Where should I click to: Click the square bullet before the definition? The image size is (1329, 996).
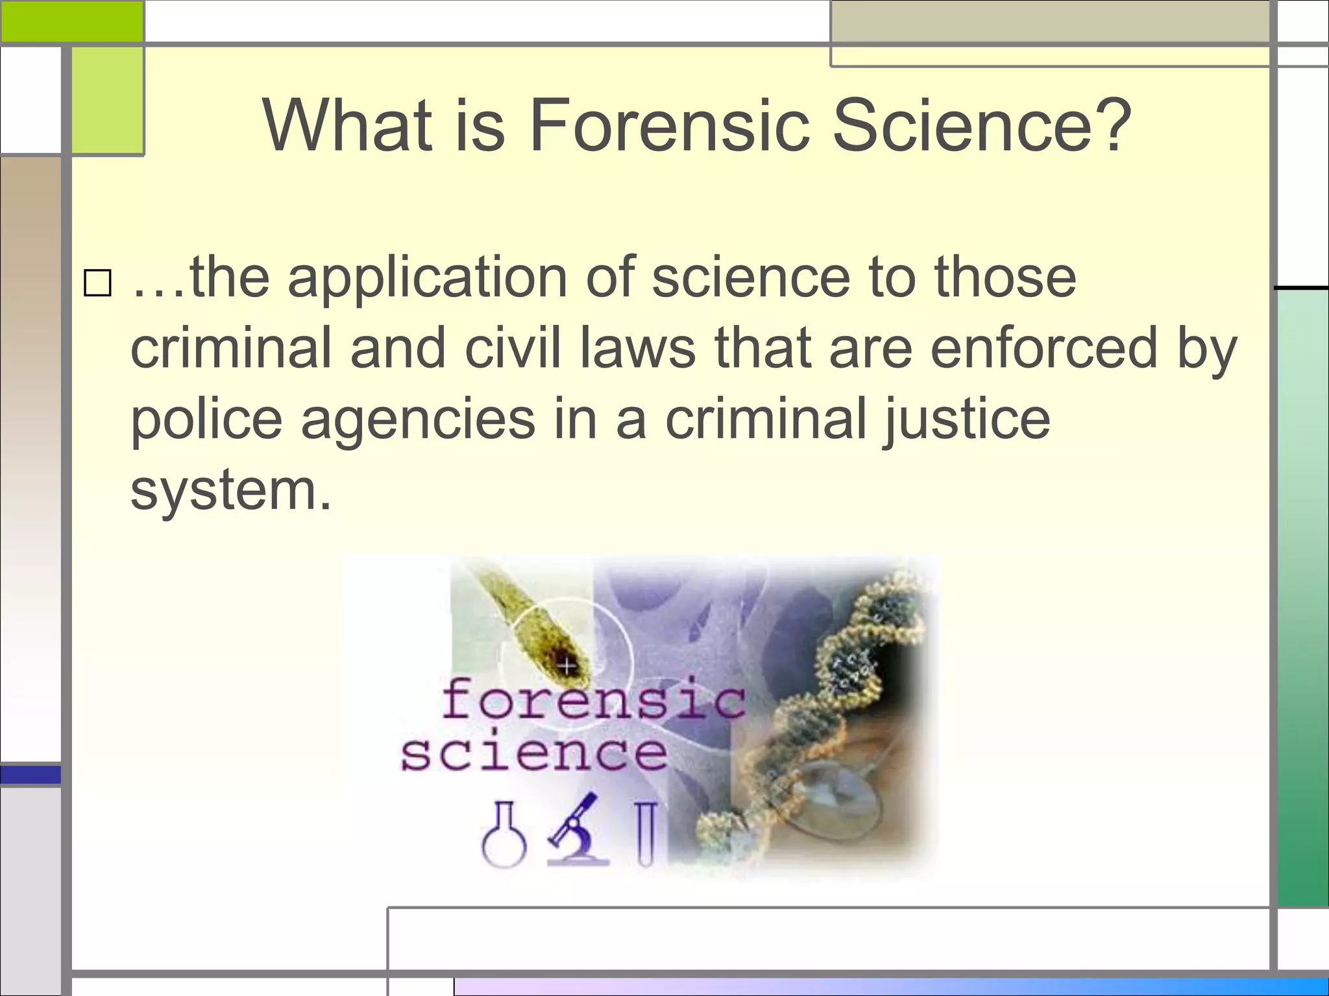(97, 283)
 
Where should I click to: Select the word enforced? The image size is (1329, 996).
(1044, 349)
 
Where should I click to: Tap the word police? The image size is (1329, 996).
(206, 420)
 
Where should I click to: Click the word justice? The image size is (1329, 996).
(966, 420)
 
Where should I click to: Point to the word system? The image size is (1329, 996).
(230, 491)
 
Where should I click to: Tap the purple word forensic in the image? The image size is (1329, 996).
(593, 699)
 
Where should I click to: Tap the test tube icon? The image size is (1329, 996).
(646, 834)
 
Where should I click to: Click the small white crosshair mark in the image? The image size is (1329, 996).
(567, 665)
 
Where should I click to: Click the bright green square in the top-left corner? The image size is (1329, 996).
(71, 21)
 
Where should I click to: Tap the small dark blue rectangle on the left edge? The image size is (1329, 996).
(30, 774)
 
